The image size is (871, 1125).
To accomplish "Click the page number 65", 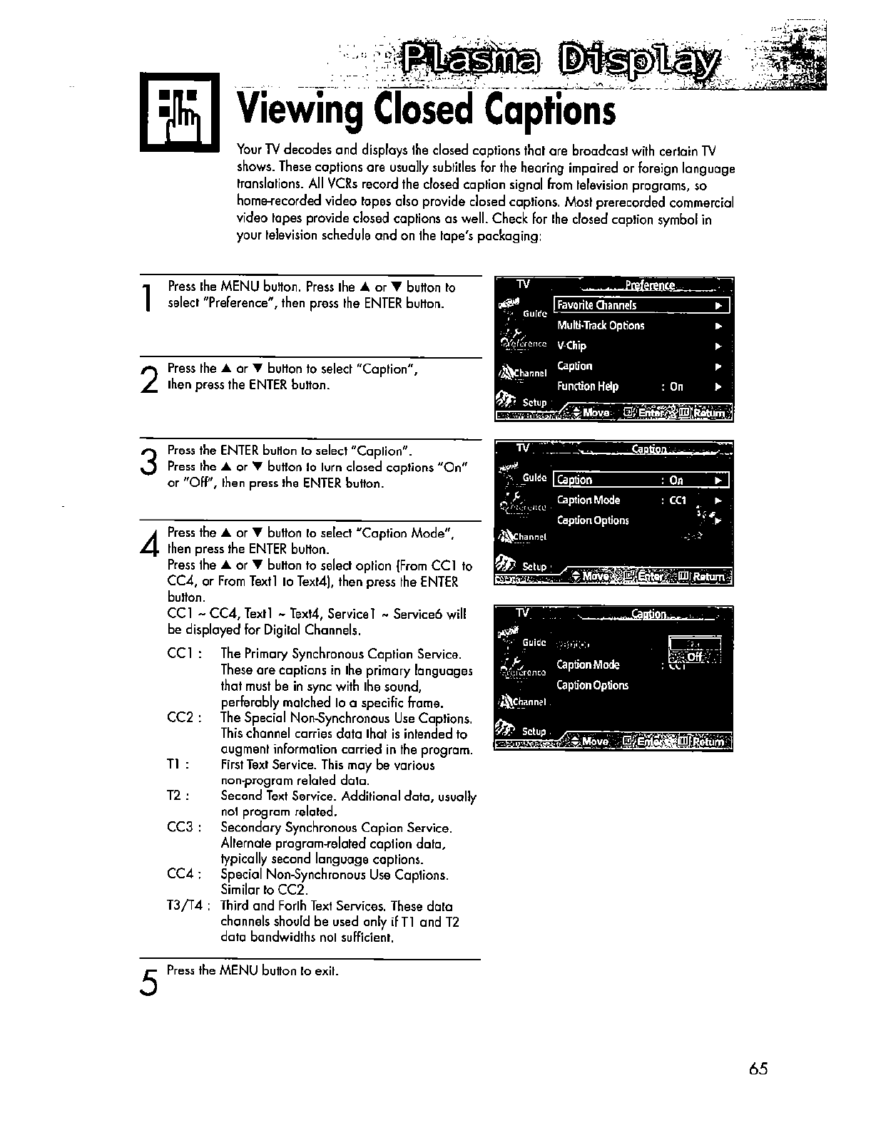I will tap(758, 1069).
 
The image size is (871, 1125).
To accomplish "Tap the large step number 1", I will tap(147, 298).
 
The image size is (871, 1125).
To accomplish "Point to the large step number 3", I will tap(148, 461).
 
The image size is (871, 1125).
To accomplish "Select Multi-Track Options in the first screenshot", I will tap(600, 326).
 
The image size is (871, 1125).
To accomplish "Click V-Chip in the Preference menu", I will tap(571, 346).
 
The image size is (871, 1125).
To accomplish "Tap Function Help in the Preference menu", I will tap(587, 387).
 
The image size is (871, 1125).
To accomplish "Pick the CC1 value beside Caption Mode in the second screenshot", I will tap(678, 500).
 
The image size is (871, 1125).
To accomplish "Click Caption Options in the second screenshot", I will tap(592, 520).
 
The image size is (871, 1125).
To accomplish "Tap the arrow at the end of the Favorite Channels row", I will tap(718, 306).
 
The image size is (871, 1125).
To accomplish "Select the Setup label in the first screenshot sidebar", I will tap(534, 403).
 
